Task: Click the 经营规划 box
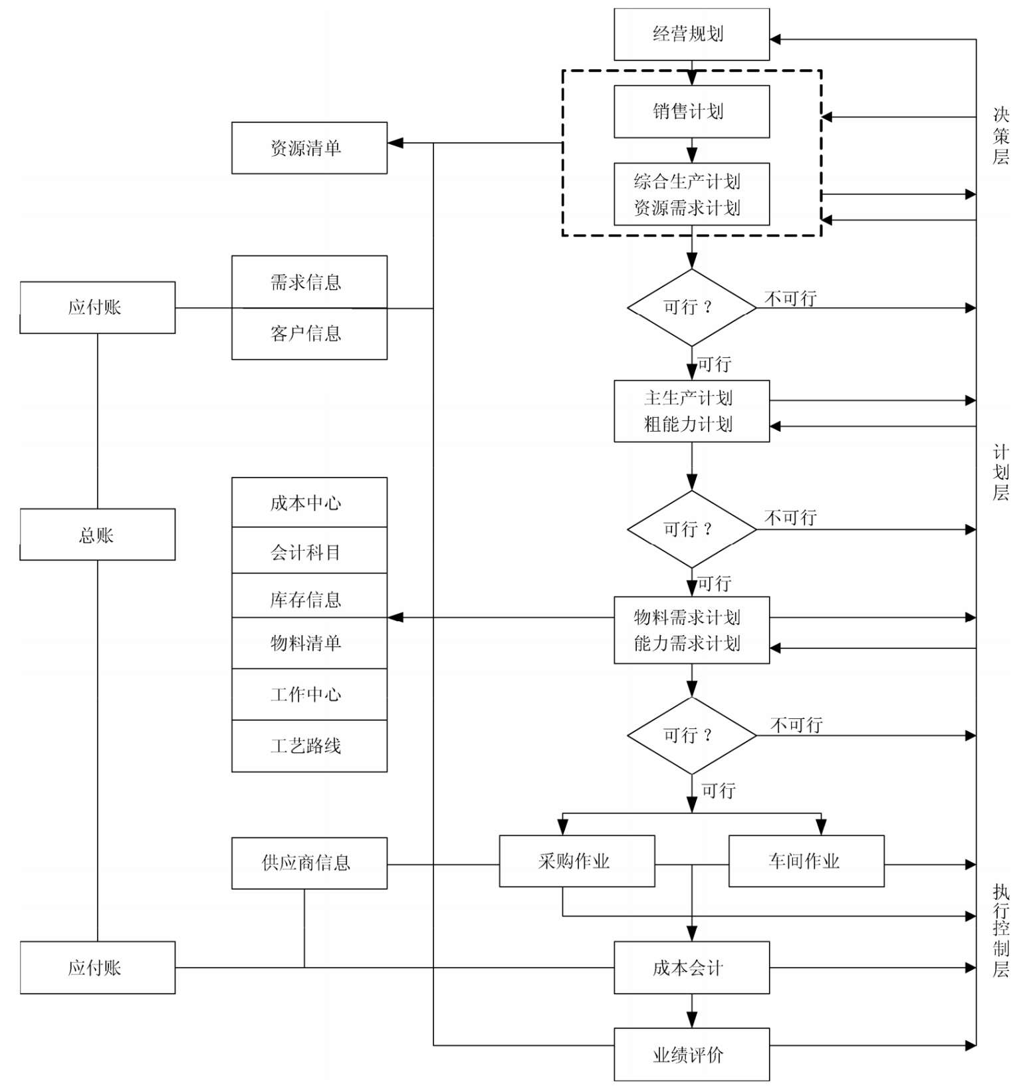coord(691,35)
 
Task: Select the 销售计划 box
coord(691,112)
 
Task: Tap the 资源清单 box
coord(309,148)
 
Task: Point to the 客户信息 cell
coord(309,334)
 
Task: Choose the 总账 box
coord(98,535)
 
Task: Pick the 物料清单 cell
coord(309,643)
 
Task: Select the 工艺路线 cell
coord(309,746)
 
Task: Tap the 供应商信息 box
coord(309,863)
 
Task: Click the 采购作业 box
coord(577,861)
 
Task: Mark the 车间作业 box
coord(806,861)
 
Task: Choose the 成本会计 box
coord(691,968)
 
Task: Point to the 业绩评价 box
coord(691,1055)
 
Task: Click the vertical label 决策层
coord(1000,136)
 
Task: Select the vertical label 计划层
coord(1000,472)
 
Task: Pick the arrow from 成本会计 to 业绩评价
coord(692,1012)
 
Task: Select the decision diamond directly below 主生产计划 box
coord(692,529)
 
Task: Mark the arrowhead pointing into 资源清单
coord(396,143)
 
